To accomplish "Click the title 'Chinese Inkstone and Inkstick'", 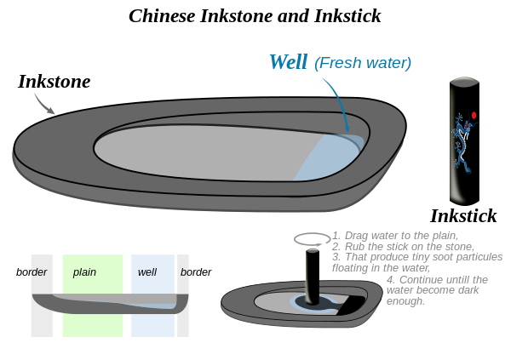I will pos(255,16).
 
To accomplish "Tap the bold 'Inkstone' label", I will pos(54,82).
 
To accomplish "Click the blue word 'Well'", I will pos(287,61).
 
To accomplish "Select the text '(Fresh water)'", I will pos(363,63).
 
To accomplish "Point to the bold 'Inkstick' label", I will pos(462,215).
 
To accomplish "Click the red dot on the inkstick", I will pos(474,115).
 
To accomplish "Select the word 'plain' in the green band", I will pos(84,272).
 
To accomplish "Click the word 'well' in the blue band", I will pos(148,272).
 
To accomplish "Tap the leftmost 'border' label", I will pos(32,272).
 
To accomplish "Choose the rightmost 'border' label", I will pos(196,272).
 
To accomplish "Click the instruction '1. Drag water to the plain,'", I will pos(395,236).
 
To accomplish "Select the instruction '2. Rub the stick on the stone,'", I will pos(404,246).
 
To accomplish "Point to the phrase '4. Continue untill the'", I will pos(437,280).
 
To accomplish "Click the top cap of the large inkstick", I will pos(464,82).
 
